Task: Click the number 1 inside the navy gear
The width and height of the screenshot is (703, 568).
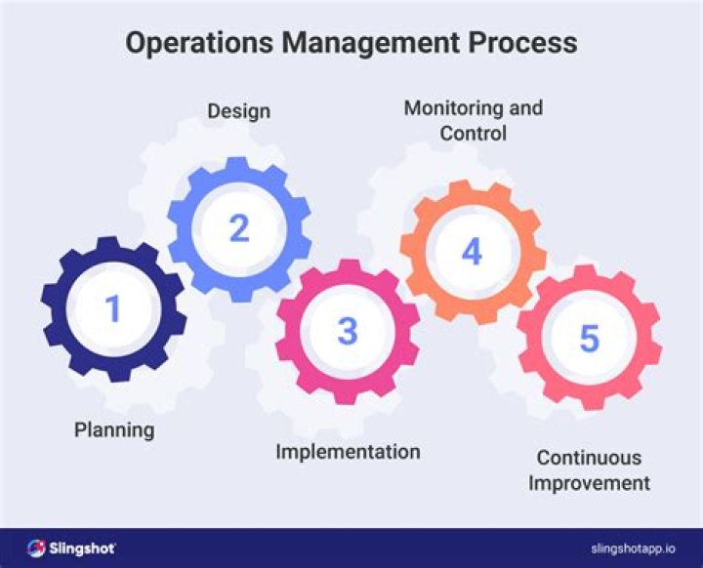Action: [113, 309]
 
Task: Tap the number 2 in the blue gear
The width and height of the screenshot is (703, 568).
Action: [239, 229]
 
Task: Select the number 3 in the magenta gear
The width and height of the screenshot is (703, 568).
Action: [348, 332]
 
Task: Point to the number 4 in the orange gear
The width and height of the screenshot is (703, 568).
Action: [472, 252]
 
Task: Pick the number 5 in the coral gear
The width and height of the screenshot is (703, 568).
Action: [589, 338]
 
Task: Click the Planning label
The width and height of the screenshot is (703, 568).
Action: [114, 429]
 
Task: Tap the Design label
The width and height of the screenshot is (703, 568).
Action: [238, 110]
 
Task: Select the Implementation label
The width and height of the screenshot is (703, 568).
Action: [348, 452]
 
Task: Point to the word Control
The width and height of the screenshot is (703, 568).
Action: [473, 133]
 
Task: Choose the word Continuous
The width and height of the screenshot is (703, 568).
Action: [589, 458]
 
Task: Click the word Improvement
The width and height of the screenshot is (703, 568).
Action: [589, 482]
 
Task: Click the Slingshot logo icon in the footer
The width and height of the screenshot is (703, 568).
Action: [37, 548]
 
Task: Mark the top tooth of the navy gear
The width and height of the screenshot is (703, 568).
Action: [114, 245]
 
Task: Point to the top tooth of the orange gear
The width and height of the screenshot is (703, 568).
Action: [473, 187]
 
